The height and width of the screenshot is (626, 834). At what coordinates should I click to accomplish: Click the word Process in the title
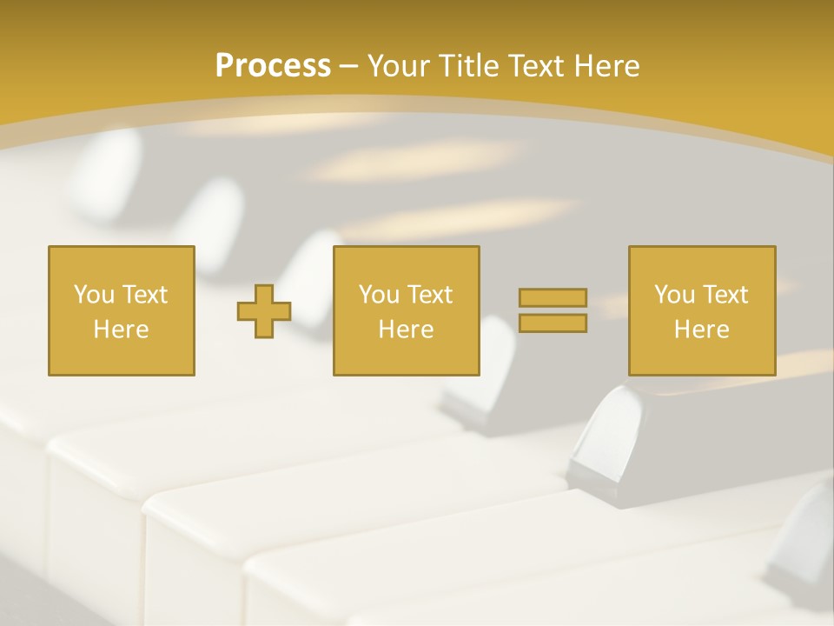point(273,66)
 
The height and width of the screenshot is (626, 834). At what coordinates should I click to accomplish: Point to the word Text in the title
point(535,66)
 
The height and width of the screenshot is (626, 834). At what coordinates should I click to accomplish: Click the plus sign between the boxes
point(264,311)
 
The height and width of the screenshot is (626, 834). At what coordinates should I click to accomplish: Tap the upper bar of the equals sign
point(553,298)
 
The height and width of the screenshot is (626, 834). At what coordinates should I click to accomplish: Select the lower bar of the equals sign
point(553,323)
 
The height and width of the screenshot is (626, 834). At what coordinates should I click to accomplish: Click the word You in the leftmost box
point(94,295)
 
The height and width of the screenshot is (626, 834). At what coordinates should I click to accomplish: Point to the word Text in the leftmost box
point(144,295)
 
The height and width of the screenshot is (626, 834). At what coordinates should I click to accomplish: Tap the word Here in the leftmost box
point(121,330)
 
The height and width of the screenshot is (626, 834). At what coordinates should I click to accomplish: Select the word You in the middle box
point(379,295)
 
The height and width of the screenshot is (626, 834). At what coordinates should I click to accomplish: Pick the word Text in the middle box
point(429,295)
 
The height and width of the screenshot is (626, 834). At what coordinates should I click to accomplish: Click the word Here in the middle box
point(406,330)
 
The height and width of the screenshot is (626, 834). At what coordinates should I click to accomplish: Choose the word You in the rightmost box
point(674,295)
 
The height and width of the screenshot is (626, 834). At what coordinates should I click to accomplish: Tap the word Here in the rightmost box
point(701,330)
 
